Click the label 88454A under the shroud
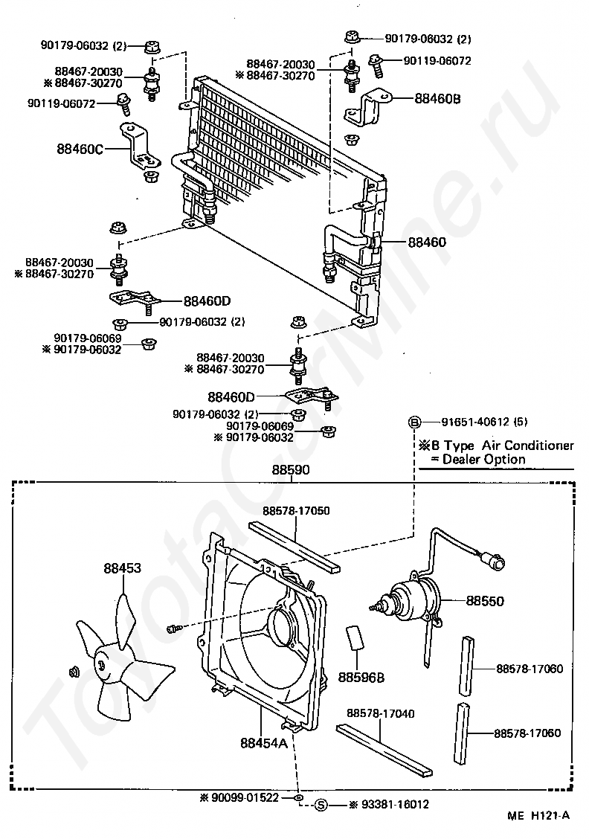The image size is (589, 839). pyautogui.click(x=263, y=742)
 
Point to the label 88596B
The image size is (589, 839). pyautogui.click(x=361, y=677)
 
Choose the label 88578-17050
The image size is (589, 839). pyautogui.click(x=296, y=511)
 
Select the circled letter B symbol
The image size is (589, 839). pyautogui.click(x=413, y=422)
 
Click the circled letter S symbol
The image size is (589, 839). pyautogui.click(x=321, y=804)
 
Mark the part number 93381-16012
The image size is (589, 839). pyautogui.click(x=389, y=804)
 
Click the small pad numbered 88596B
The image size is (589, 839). pyautogui.click(x=355, y=638)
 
